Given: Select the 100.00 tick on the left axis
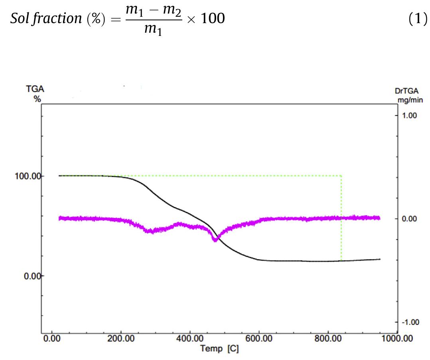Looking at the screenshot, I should pyautogui.click(x=28, y=176).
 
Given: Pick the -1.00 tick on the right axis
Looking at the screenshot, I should pyautogui.click(x=410, y=322).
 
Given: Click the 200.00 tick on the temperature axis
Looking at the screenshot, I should pyautogui.click(x=120, y=339).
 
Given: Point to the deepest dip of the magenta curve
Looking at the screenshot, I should pyautogui.click(x=215, y=240).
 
